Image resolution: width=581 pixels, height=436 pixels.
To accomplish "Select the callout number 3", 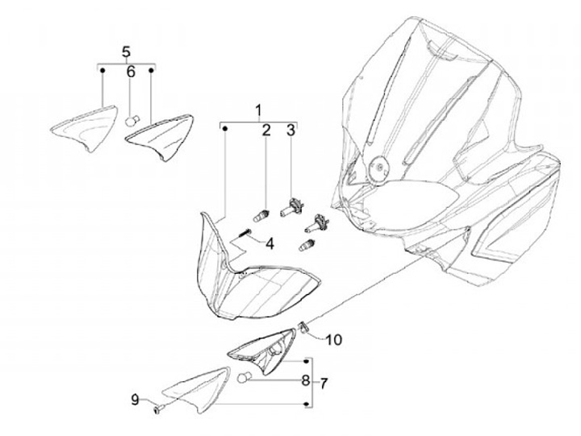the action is coord(292,130).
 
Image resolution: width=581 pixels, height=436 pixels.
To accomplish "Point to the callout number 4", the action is coord(270,243).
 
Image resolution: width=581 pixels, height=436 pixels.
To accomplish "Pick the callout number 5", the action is coord(126,52).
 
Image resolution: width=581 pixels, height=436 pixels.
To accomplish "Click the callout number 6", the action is coord(131,72).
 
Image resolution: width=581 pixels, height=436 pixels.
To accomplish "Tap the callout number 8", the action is coord(306,381).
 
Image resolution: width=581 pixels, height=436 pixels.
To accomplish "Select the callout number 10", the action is coord(334,339).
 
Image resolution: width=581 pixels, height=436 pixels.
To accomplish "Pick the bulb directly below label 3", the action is coord(291,210).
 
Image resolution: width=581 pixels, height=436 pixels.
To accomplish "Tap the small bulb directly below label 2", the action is coord(261,216).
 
